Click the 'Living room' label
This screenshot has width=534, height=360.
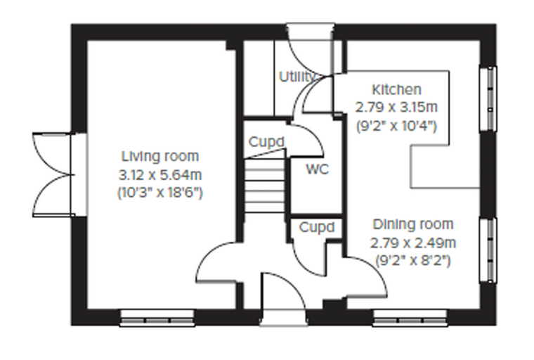pyautogui.click(x=160, y=156)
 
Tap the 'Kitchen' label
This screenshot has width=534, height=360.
pyautogui.click(x=396, y=90)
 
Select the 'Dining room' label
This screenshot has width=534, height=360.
pyautogui.click(x=413, y=224)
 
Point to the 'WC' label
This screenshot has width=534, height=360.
pyautogui.click(x=318, y=169)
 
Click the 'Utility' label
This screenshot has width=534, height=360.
pyautogui.click(x=297, y=77)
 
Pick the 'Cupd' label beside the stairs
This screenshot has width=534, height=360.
pyautogui.click(x=266, y=142)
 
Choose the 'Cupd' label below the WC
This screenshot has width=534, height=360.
pyautogui.click(x=317, y=227)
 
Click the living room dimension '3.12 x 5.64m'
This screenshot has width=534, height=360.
pyautogui.click(x=160, y=175)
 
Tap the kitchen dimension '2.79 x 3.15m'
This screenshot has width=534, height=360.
pyautogui.click(x=396, y=108)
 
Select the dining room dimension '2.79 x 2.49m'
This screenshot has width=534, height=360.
pyautogui.click(x=413, y=243)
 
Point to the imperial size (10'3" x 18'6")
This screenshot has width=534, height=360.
pyautogui.click(x=160, y=193)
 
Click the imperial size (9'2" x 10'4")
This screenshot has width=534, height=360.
pyautogui.click(x=396, y=126)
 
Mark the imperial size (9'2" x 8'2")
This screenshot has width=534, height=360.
pyautogui.click(x=413, y=261)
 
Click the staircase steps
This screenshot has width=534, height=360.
pyautogui.click(x=265, y=185)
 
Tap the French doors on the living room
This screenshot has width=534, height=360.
pyautogui.click(x=53, y=175)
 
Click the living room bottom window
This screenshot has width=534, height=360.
pyautogui.click(x=157, y=318)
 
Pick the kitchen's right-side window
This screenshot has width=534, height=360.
pyautogui.click(x=488, y=99)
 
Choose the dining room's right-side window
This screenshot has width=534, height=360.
pyautogui.click(x=488, y=250)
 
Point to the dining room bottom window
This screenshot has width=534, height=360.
pyautogui.click(x=410, y=318)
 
